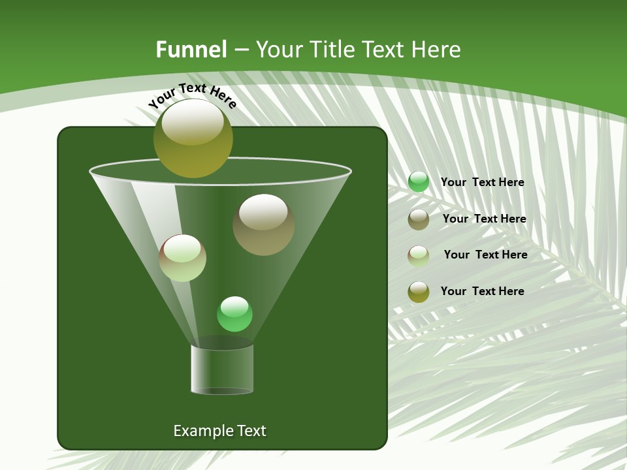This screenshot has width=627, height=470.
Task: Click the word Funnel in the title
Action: [x=191, y=50]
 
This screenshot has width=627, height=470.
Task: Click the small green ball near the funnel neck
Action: [x=234, y=314]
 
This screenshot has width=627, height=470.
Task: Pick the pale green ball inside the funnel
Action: [x=183, y=258]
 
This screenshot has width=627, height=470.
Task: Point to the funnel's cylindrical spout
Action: [x=222, y=369]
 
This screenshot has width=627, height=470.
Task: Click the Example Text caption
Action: [x=219, y=431]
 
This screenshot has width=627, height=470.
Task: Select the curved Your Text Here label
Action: [x=192, y=95]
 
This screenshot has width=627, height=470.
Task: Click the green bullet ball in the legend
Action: [x=419, y=182]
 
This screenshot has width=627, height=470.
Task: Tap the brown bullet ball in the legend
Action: [x=419, y=219]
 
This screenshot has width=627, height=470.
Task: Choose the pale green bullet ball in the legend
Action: [x=419, y=256]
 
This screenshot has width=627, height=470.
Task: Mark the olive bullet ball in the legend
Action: [x=419, y=292]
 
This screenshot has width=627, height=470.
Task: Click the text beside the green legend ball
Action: [x=482, y=183]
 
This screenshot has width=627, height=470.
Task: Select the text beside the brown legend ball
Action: [x=484, y=219]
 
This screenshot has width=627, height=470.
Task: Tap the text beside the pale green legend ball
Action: [x=485, y=255]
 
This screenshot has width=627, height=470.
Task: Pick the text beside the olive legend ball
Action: [x=482, y=292]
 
